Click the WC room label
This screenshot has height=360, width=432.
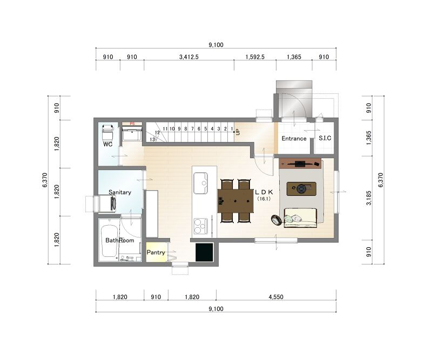[107, 144]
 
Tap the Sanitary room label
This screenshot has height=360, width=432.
[120, 192]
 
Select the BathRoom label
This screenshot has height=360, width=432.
[119, 240]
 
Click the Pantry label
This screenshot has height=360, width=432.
[156, 252]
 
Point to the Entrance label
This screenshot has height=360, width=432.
[294, 138]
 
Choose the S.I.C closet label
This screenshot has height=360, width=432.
[325, 138]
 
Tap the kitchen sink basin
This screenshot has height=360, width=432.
[200, 183]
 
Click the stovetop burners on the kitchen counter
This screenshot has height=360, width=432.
[200, 226]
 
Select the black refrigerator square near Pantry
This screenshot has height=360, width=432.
[204, 252]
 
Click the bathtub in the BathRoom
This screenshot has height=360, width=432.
[109, 241]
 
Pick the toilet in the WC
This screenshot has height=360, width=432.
[107, 132]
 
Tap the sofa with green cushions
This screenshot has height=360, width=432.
[300, 218]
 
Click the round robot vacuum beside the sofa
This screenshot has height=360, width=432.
[276, 220]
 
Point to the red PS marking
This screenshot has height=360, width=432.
[132, 124]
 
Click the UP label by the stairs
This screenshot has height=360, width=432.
[238, 132]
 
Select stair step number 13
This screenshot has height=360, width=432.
[152, 140]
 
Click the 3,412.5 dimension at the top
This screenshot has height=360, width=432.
[189, 57]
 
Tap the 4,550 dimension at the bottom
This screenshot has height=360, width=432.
[276, 297]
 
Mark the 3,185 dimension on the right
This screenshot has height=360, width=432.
[369, 198]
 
